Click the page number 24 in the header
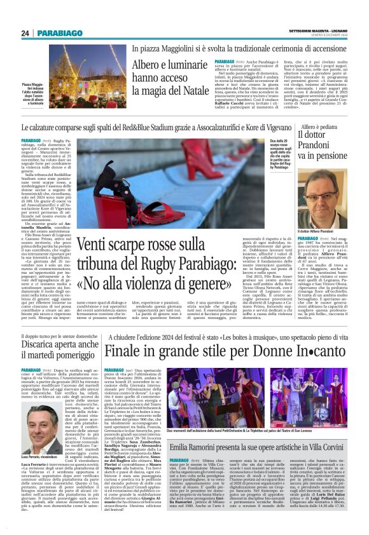point(25,33)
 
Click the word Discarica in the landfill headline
point(41,346)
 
